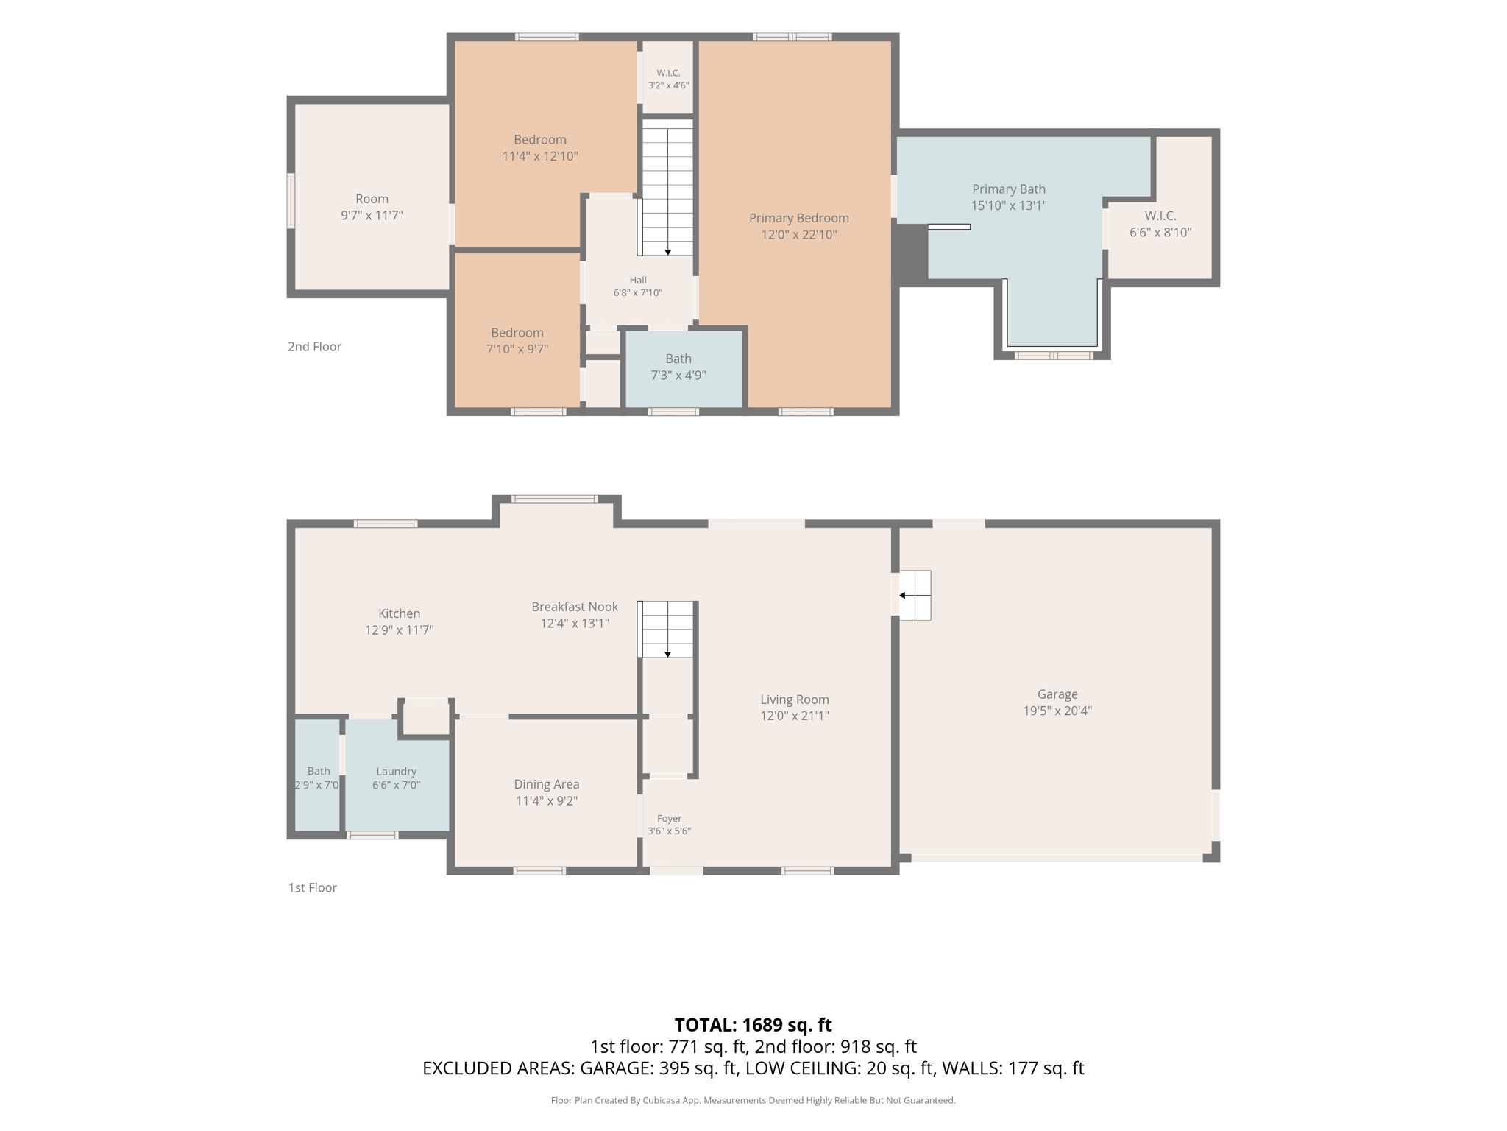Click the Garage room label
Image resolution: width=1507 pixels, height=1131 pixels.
pos(1057,694)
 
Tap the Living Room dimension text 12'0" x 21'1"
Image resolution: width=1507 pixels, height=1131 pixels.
pos(795,715)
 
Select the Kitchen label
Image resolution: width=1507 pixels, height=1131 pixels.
pos(400,613)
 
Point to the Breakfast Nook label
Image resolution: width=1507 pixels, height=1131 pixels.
pos(575,607)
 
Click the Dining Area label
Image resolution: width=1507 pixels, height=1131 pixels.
pos(547,784)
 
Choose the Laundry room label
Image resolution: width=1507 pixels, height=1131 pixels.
pos(397,771)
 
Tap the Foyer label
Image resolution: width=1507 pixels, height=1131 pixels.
pos(670,818)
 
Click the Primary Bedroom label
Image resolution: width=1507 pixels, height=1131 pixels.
pos(799,218)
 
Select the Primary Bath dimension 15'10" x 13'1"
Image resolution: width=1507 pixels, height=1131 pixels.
pos(1009,205)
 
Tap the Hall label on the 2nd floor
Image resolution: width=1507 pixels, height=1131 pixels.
pos(638,280)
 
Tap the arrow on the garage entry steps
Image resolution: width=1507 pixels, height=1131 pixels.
pos(915,595)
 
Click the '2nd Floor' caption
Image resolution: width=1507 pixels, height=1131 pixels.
pos(314,346)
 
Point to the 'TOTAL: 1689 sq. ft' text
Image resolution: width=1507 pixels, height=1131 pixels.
pos(753,1024)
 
